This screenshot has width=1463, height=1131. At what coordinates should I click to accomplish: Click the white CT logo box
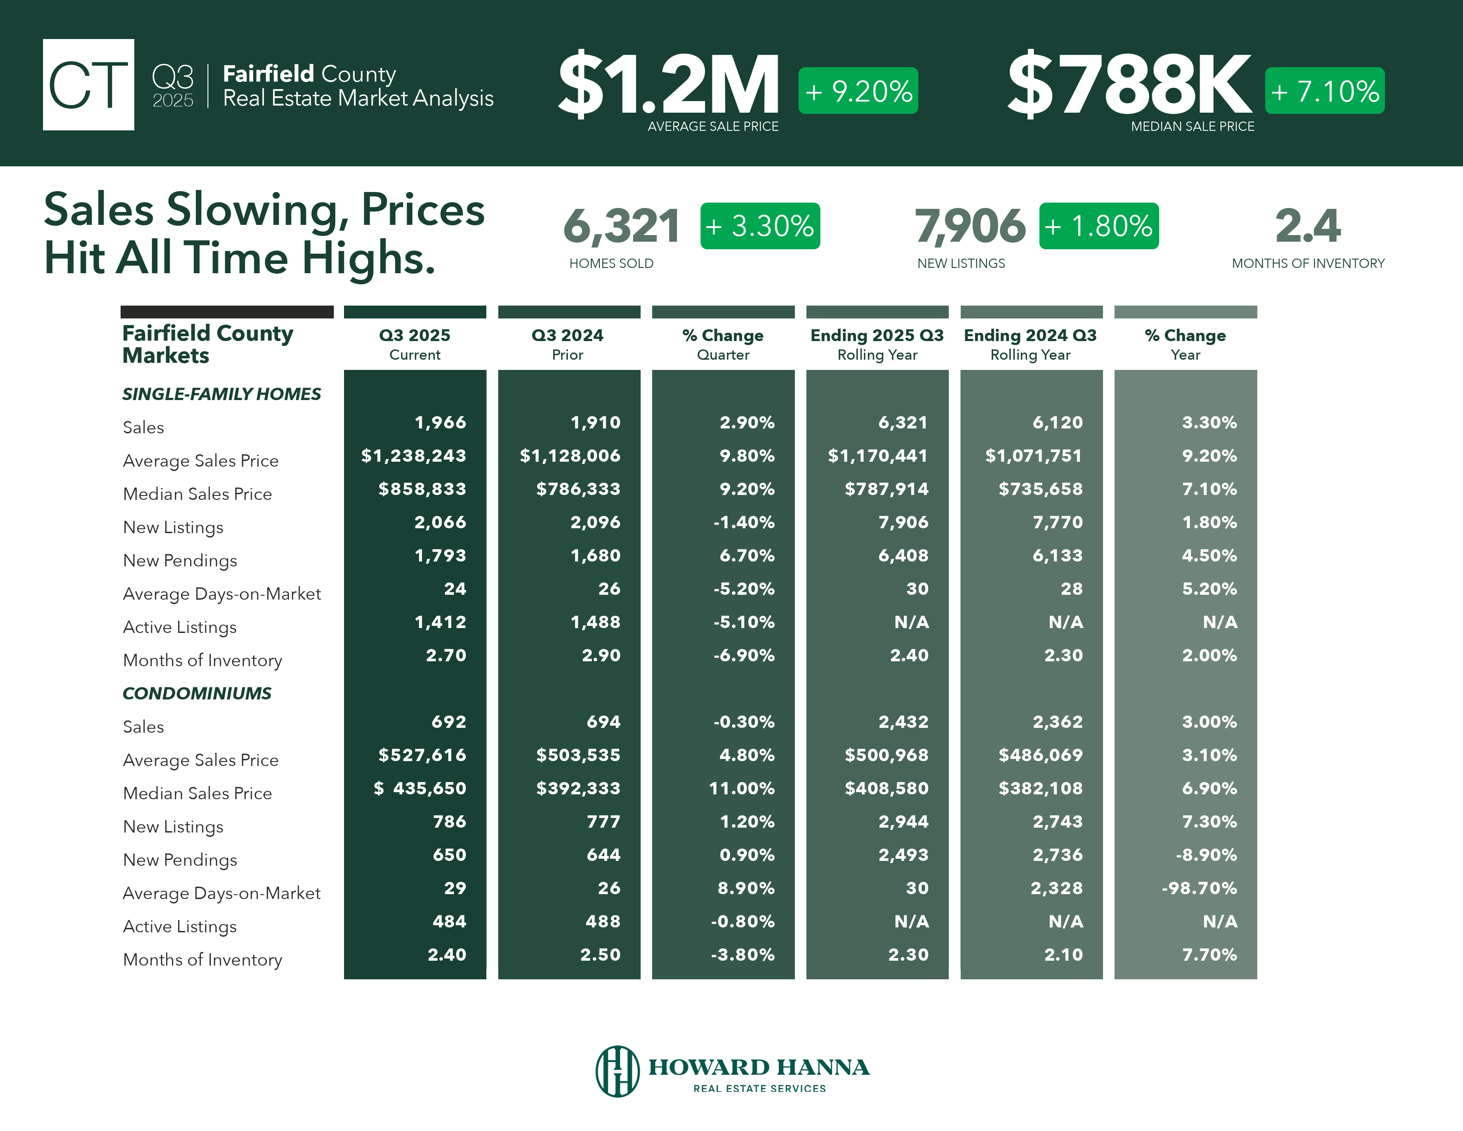click(x=88, y=84)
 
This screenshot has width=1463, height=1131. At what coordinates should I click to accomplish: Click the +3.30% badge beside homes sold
click(x=759, y=226)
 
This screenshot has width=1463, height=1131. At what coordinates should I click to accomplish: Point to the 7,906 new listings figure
click(x=969, y=226)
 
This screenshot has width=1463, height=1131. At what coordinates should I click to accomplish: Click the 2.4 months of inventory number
click(x=1307, y=226)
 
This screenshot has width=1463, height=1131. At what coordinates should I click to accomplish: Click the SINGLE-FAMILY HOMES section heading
click(x=221, y=394)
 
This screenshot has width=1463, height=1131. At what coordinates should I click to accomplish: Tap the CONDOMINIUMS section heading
click(x=197, y=694)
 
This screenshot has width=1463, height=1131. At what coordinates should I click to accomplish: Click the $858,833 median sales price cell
click(x=422, y=489)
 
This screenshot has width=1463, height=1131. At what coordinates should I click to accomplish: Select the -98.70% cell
click(x=1199, y=888)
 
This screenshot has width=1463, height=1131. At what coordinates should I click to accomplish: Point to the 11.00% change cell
click(x=742, y=789)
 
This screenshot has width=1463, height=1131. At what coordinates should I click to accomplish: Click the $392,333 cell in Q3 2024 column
click(x=578, y=789)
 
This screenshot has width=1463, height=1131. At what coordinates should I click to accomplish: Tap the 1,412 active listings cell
click(x=440, y=622)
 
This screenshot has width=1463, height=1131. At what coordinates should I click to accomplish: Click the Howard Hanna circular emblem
click(x=617, y=1071)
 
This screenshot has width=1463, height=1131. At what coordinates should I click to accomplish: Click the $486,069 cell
click(x=1041, y=755)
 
